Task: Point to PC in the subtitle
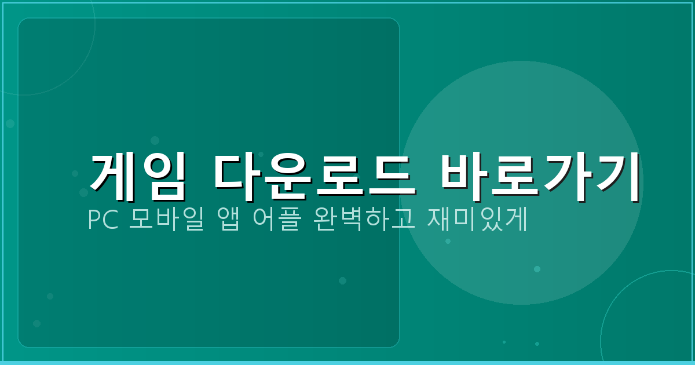coord(102,221)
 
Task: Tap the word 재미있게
coord(477,221)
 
